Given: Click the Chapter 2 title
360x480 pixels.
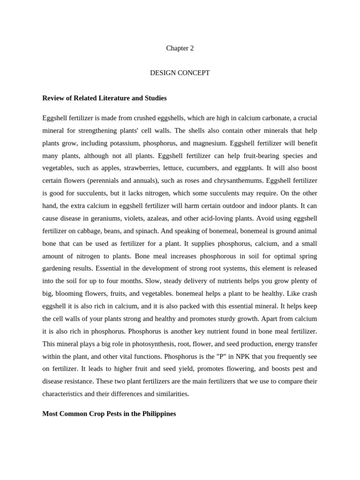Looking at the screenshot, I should pyautogui.click(x=180, y=48).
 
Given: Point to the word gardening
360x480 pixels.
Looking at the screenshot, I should pyautogui.click(x=59, y=269).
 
